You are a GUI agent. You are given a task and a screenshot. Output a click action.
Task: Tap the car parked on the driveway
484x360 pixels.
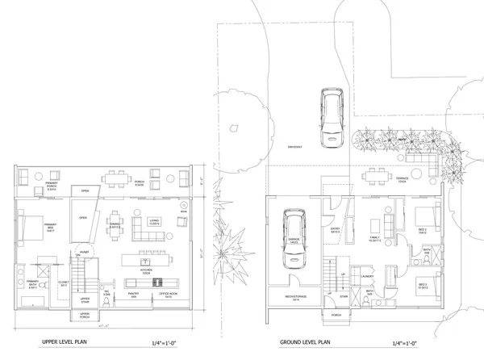[332, 118]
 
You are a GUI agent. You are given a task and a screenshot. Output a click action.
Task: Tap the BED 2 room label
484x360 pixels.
[423, 230]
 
